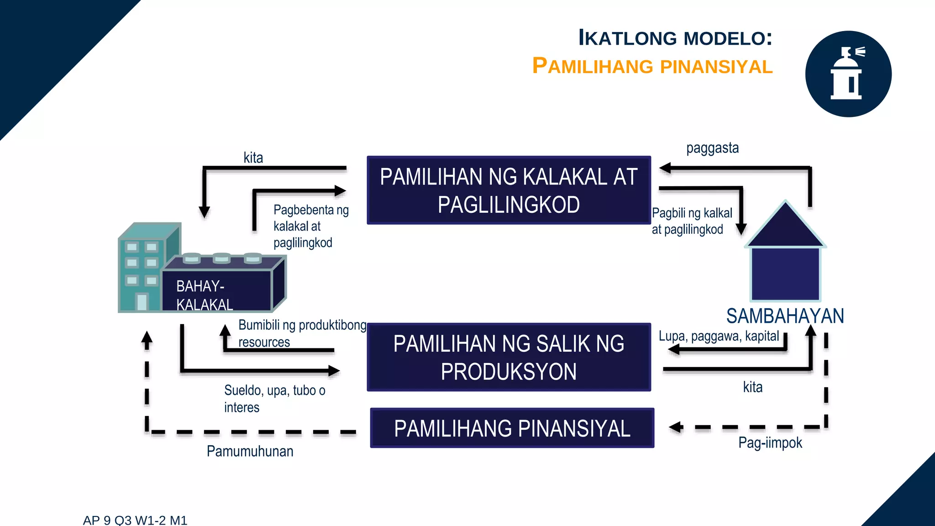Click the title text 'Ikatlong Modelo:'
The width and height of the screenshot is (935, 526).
tap(675, 38)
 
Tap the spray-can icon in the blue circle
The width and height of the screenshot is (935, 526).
tap(847, 74)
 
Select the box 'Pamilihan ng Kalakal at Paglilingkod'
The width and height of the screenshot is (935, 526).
tap(509, 190)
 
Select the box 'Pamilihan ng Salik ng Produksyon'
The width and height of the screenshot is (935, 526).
tap(509, 357)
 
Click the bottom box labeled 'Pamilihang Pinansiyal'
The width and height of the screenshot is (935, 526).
tap(512, 428)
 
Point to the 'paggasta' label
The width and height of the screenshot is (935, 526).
tap(712, 148)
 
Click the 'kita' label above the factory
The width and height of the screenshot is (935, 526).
tap(253, 158)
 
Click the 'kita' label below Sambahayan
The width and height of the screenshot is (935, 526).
tap(752, 387)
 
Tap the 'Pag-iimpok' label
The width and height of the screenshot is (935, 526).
tap(770, 442)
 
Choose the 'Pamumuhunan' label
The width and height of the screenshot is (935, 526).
tap(250, 451)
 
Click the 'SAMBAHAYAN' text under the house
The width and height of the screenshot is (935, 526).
tap(785, 316)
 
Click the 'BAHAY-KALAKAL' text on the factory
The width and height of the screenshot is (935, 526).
tap(205, 295)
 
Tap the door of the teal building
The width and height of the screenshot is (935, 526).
tap(142, 302)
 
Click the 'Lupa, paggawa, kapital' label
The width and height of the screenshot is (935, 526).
tap(719, 336)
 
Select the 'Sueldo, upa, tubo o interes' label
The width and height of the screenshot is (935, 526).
tap(274, 399)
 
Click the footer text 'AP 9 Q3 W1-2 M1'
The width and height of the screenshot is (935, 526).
tap(135, 520)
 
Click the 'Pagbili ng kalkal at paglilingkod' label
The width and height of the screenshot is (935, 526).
tap(691, 221)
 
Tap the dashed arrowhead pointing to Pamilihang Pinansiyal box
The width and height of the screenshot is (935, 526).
tap(676, 427)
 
